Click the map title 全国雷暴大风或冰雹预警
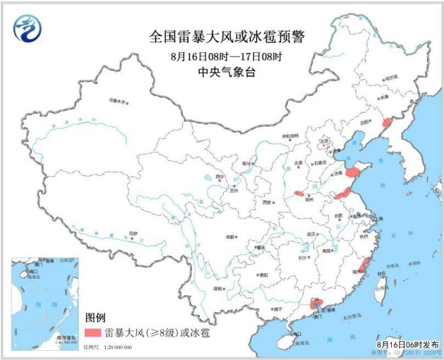click(226, 37)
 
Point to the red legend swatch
click(93, 332)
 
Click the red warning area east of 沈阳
click(386, 121)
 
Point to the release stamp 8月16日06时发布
click(408, 344)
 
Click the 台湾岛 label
click(380, 288)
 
